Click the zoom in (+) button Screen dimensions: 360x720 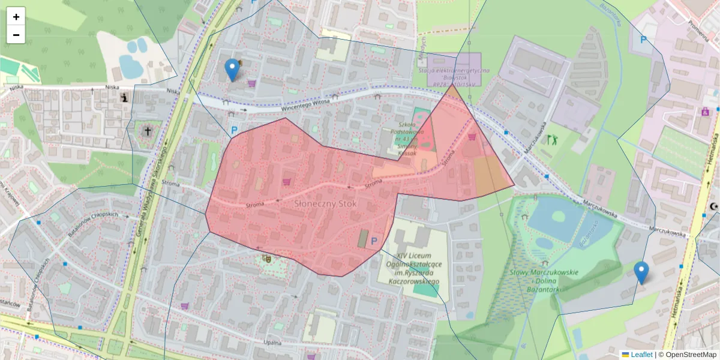tap(16, 17)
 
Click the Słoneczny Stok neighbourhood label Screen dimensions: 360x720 tap(325, 204)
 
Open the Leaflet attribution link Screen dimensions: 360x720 tap(641, 355)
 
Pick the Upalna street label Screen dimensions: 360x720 tap(272, 343)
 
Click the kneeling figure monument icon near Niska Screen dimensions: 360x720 tap(124, 98)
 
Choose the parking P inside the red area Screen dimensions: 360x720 tap(374, 241)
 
